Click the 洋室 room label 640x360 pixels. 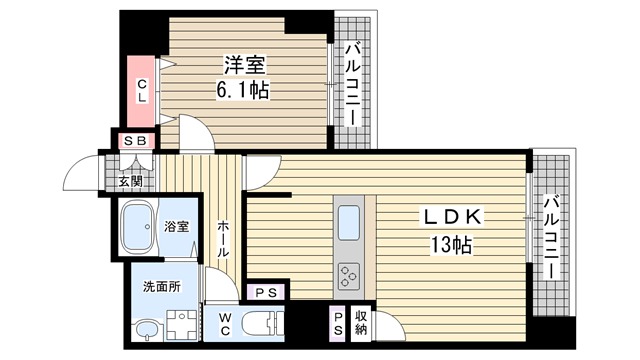click(x=245, y=65)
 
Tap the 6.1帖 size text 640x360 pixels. click(x=242, y=90)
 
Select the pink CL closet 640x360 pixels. click(x=141, y=91)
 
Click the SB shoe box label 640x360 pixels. click(x=135, y=141)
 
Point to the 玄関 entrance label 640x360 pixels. click(x=130, y=181)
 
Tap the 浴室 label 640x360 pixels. click(x=177, y=227)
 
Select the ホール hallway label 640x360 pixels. click(x=223, y=239)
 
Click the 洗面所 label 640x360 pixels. click(x=162, y=287)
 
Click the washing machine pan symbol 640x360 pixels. click(x=182, y=326)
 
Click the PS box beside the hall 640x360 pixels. click(x=267, y=292)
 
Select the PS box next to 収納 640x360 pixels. click(x=338, y=324)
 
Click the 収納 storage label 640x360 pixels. click(x=361, y=322)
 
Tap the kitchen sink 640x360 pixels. click(x=349, y=222)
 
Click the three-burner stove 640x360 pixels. click(x=349, y=276)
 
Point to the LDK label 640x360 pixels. click(x=453, y=217)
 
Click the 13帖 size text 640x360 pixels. click(x=451, y=245)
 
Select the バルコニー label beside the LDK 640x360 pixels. click(x=551, y=238)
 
